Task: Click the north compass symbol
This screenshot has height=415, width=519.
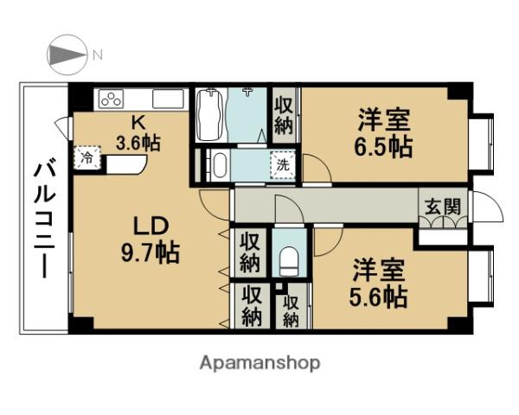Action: click(67, 54)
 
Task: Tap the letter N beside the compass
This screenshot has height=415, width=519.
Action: click(98, 54)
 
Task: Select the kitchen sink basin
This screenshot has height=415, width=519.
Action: click(168, 99)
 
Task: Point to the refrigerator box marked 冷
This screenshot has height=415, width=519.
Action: click(87, 158)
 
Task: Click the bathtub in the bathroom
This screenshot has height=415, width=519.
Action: click(209, 114)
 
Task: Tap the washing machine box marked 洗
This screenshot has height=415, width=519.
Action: click(282, 165)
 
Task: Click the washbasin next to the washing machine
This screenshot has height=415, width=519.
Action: click(220, 165)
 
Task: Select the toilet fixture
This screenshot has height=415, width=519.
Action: click(289, 261)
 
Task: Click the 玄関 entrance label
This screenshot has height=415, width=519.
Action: click(443, 207)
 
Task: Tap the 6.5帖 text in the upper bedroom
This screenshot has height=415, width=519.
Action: click(383, 147)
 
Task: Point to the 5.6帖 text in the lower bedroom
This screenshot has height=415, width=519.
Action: click(378, 297)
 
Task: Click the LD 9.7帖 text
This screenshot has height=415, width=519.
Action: click(151, 240)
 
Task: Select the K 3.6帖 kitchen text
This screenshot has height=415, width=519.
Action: click(138, 133)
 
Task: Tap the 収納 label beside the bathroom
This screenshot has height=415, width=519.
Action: click(284, 116)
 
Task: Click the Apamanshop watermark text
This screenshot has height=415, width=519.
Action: click(259, 363)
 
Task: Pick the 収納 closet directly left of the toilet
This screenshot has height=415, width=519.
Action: click(250, 252)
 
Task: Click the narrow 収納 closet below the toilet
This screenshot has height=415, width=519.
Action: click(292, 311)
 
